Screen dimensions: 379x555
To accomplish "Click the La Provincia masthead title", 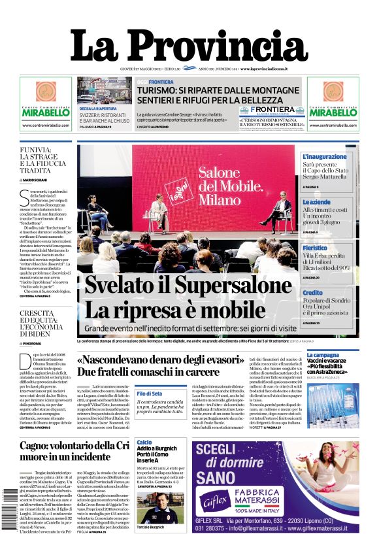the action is [189, 45].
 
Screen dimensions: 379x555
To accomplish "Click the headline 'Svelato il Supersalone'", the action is [183, 287].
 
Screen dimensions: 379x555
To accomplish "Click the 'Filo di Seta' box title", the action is [150, 394].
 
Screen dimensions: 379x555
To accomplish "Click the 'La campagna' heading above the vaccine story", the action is [323, 356].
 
